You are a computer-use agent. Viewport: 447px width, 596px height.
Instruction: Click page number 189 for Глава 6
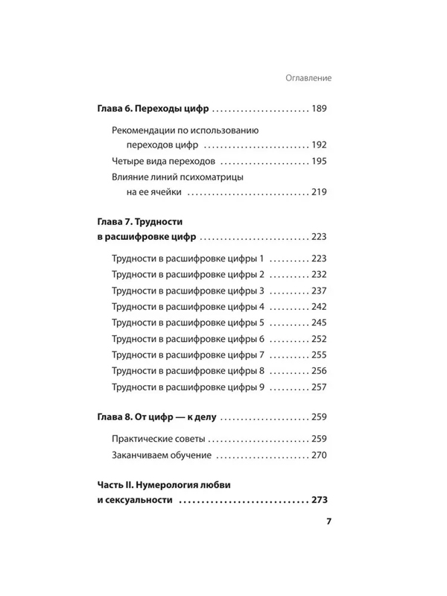point(320,109)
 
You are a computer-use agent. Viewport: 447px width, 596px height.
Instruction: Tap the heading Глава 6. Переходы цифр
point(153,109)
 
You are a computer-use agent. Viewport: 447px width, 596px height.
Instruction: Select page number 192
point(320,145)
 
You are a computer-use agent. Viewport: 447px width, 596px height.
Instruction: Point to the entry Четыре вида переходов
point(163,161)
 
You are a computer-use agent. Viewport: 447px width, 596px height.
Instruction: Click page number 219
point(320,192)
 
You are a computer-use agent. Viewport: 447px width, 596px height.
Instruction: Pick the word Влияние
point(130,177)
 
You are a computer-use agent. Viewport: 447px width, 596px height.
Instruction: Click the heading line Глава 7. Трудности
point(139,222)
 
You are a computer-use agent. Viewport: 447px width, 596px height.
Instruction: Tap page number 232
point(320,274)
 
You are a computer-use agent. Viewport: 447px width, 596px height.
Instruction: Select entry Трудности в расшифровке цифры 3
point(188,291)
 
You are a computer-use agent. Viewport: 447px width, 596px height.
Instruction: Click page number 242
point(320,306)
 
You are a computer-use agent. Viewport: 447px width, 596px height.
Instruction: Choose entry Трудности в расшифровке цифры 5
point(188,323)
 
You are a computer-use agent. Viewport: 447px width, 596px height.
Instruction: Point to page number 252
point(320,339)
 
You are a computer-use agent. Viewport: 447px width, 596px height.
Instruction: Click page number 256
point(320,371)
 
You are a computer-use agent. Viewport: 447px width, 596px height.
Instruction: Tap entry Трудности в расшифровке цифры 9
point(188,387)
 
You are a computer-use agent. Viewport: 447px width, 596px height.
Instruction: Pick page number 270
point(320,455)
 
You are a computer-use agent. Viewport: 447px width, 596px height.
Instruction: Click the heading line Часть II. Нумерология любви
point(165,485)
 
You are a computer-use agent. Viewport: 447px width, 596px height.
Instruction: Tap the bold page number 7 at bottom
point(329,521)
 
